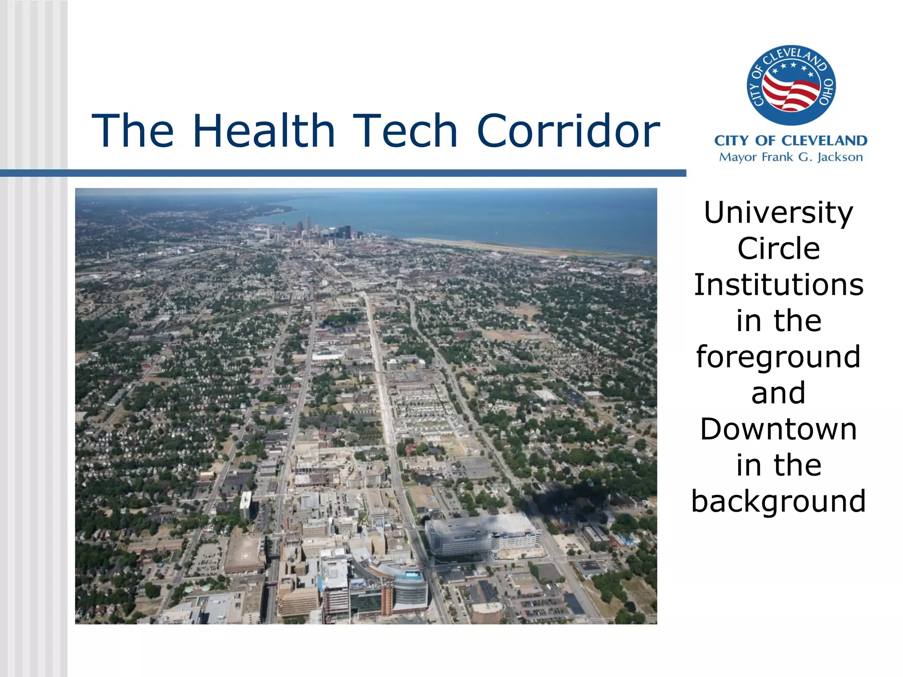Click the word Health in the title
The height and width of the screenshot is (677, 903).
(x=264, y=131)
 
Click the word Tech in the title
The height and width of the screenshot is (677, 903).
(x=405, y=131)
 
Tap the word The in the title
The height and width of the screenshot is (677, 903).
(x=133, y=131)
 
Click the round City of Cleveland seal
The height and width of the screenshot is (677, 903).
(x=791, y=85)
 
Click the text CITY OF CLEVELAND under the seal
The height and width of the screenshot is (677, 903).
(x=791, y=141)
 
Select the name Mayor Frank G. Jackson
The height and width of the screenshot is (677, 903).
(x=791, y=157)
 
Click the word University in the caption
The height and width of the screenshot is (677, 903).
(x=778, y=213)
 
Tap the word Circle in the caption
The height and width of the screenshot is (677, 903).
(x=778, y=249)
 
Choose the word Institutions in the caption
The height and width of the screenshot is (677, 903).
(x=778, y=285)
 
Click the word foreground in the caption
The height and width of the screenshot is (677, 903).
(x=778, y=357)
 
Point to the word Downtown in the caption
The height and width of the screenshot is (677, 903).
(x=778, y=429)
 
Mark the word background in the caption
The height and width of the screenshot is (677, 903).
(x=778, y=502)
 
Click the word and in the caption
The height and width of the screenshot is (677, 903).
(x=778, y=393)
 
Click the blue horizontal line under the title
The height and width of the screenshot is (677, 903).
(x=343, y=173)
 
